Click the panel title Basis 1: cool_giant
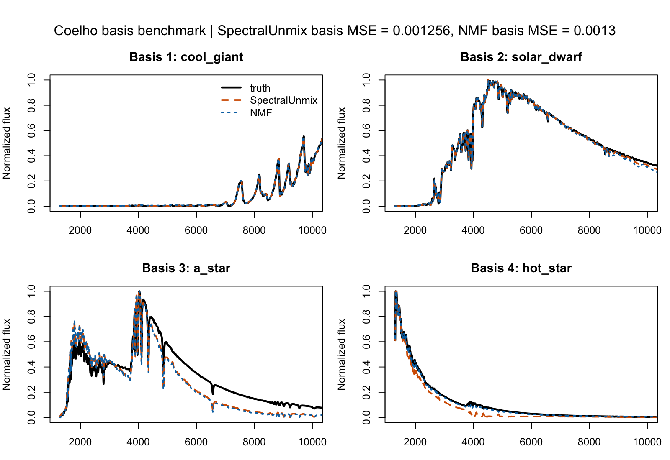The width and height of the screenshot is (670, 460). click(x=186, y=57)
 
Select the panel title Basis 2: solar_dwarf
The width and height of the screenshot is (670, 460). click(x=521, y=57)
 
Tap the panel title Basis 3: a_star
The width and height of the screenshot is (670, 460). click(x=186, y=268)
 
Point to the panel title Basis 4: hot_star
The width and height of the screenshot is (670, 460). click(x=521, y=268)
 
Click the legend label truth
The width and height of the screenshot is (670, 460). click(x=260, y=88)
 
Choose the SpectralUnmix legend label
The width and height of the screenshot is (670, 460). click(x=283, y=100)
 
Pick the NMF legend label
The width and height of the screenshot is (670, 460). click(x=261, y=113)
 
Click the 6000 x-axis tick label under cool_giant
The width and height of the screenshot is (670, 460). click(x=196, y=230)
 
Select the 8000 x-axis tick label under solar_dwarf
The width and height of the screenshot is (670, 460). click(x=589, y=230)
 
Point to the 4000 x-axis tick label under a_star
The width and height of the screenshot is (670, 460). click(x=138, y=442)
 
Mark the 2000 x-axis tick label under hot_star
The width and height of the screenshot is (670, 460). click(x=415, y=442)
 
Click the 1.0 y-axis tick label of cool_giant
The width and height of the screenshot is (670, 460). click(x=32, y=79)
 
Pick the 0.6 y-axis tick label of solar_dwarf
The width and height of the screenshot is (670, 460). click(x=367, y=130)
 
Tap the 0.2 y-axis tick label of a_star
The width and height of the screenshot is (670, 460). click(x=32, y=392)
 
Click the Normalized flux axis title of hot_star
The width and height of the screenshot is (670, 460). click(x=342, y=355)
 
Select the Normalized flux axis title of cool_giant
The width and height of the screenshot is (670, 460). click(x=7, y=143)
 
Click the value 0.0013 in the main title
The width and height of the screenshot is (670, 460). click(x=595, y=31)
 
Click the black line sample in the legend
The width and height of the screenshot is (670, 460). click(x=231, y=88)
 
